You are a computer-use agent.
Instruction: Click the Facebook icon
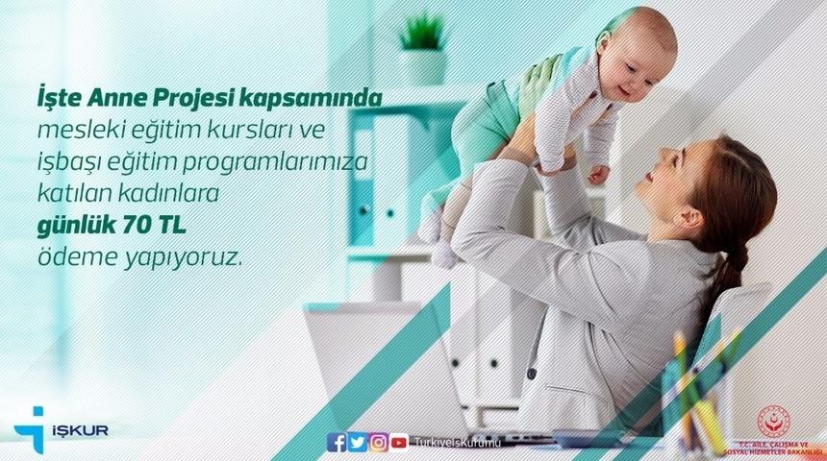tap(336, 442)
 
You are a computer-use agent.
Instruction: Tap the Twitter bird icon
tap(357, 442)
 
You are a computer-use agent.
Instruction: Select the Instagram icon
tap(378, 442)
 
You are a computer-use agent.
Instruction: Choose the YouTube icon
tap(399, 442)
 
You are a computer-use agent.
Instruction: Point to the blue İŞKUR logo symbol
tap(31, 428)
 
